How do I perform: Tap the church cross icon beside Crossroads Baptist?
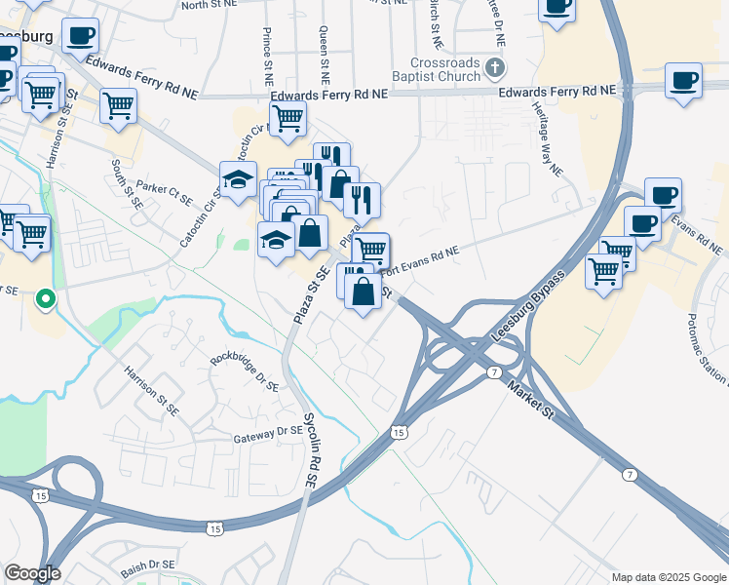pyautogui.click(x=496, y=67)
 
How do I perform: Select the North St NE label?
pyautogui.click(x=210, y=6)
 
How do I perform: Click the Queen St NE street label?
pyautogui.click(x=324, y=55)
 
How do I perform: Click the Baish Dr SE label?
pyautogui.click(x=148, y=565)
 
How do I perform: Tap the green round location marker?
pyautogui.click(x=45, y=298)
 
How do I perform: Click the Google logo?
pyautogui.click(x=32, y=573)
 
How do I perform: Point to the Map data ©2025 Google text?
pyautogui.click(x=668, y=576)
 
